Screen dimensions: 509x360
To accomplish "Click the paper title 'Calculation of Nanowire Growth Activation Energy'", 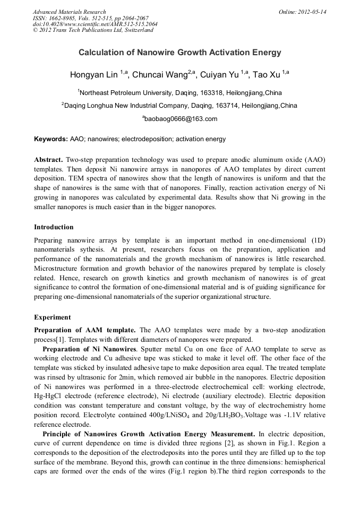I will click(180, 53).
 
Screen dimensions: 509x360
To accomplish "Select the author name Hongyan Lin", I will click(94, 74).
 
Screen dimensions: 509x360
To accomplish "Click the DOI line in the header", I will click(95, 24).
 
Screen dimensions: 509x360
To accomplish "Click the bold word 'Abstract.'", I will click(49, 160).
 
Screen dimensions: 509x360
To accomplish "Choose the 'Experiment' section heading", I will click(53, 317).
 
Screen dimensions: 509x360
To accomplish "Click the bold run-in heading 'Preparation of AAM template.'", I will click(85, 330).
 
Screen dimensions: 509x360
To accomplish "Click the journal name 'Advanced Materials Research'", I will click(70, 12).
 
